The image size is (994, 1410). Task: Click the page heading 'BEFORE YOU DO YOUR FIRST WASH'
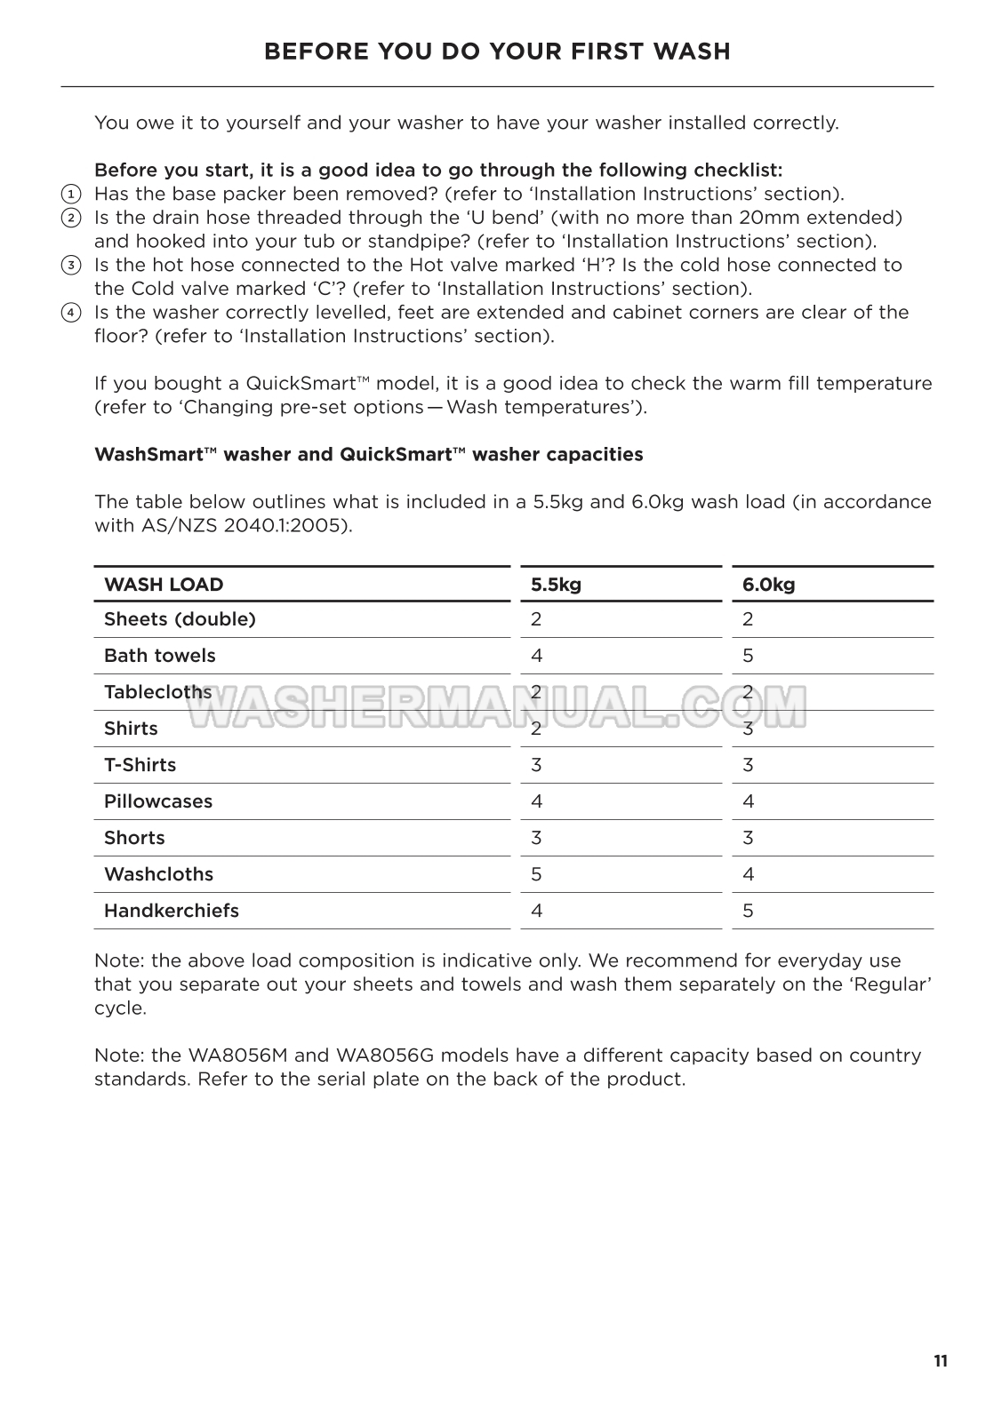pos(497,52)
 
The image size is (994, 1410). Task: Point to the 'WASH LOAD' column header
pos(164,585)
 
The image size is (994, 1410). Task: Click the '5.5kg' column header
pos(556,585)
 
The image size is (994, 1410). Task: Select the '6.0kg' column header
pos(768,585)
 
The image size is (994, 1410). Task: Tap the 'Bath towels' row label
pos(160,656)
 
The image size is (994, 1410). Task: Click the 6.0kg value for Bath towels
pos(748,656)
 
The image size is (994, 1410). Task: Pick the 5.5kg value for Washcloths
pos(536,874)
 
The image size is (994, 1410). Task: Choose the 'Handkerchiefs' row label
pos(172,911)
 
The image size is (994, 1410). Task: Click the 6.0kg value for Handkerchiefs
pos(748,911)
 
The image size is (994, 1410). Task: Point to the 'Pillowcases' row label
pos(158,801)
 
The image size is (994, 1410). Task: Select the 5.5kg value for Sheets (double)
pos(536,619)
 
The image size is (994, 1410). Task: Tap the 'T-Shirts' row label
pos(140,765)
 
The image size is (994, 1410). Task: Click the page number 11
pos(941,1361)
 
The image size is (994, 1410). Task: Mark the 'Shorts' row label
pos(134,838)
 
